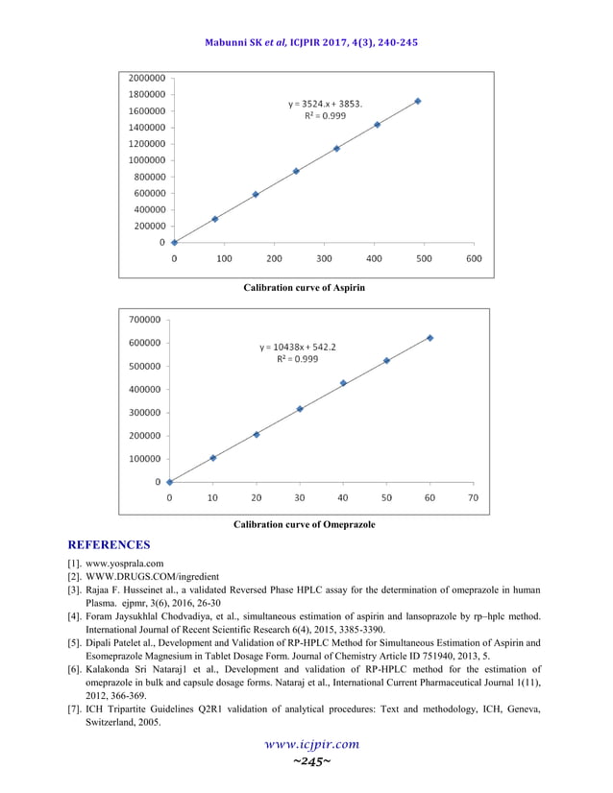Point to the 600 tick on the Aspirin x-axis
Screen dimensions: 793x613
pos(473,258)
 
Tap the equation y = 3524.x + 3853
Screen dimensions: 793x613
pos(326,103)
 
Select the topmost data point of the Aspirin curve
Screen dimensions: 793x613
pos(417,101)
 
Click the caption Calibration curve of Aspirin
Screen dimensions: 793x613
pos(304,287)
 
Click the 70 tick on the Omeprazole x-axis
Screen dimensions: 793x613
pos(473,498)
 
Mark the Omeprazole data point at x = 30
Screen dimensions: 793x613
pos(300,409)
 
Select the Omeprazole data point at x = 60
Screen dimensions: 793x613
pos(429,338)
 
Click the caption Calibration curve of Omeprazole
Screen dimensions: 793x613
pos(304,524)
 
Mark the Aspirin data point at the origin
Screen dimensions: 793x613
pos(174,242)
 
